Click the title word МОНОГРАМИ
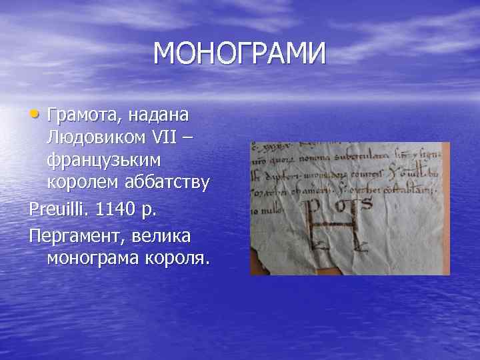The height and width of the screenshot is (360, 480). click(240, 54)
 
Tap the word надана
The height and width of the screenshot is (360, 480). click(158, 115)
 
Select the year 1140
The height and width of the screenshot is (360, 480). click(117, 211)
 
